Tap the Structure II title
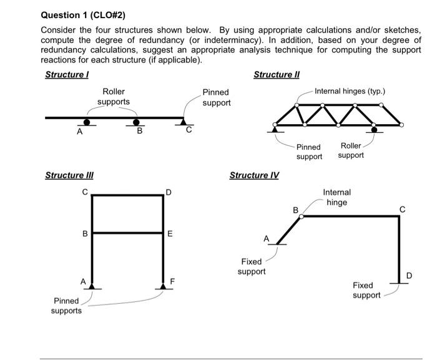pyautogui.click(x=276, y=75)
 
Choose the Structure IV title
pyautogui.click(x=254, y=175)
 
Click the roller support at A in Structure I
pyautogui.click(x=87, y=122)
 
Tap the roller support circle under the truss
pyautogui.click(x=375, y=130)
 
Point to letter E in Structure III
pyautogui.click(x=170, y=235)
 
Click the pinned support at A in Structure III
pyautogui.click(x=92, y=286)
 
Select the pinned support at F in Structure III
pyautogui.click(x=164, y=286)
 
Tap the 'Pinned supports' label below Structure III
pyautogui.click(x=66, y=306)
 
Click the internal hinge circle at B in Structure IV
pyautogui.click(x=302, y=216)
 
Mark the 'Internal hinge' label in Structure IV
pyautogui.click(x=336, y=197)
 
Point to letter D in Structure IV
pyautogui.click(x=409, y=275)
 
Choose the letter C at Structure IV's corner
pyautogui.click(x=403, y=209)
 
